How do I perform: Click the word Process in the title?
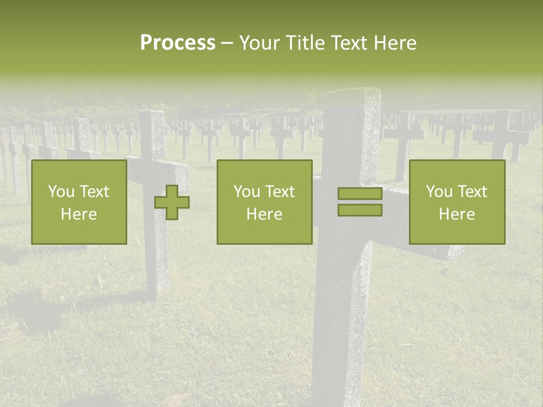tap(178, 43)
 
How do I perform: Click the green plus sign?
tap(172, 202)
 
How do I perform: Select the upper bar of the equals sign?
tap(360, 194)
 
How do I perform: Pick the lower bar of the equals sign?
tap(360, 210)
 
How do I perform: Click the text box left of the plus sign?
tap(79, 202)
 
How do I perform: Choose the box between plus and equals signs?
tap(265, 202)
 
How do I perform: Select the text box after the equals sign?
tap(457, 202)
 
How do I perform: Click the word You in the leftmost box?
tap(61, 192)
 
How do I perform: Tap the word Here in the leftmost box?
tap(79, 214)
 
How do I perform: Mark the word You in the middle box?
tap(247, 192)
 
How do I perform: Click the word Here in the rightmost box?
tap(457, 214)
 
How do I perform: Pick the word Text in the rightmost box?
tap(473, 192)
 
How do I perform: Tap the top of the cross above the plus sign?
tap(152, 114)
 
